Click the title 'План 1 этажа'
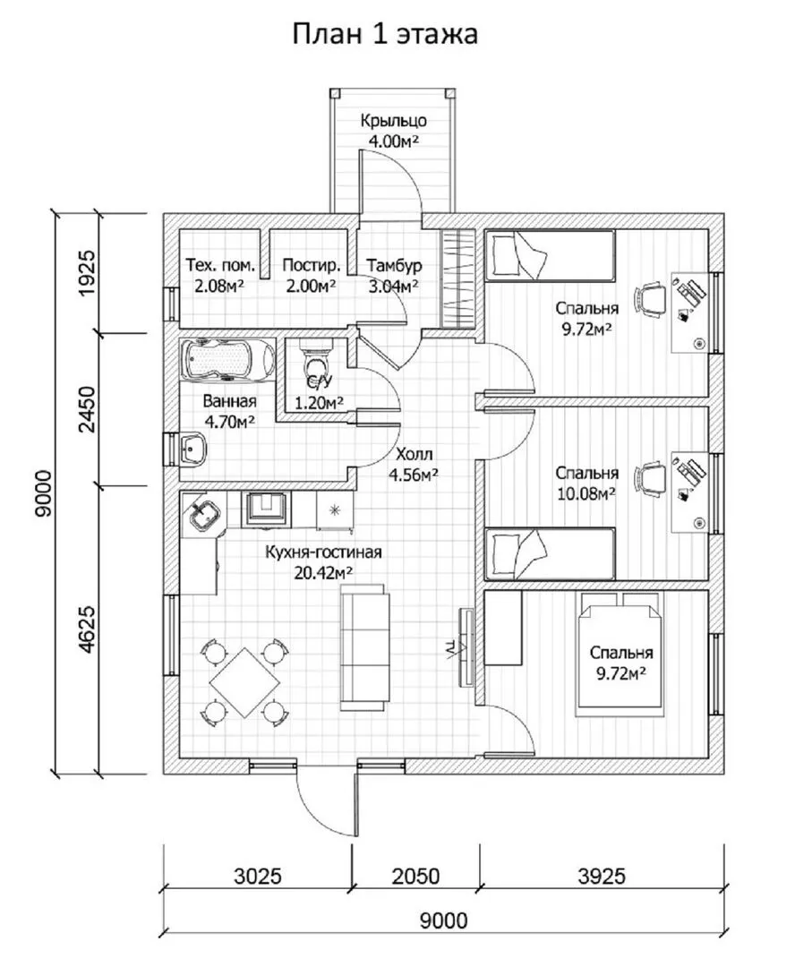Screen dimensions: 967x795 pyautogui.click(x=385, y=34)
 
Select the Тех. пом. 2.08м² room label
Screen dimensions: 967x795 pyautogui.click(x=220, y=275)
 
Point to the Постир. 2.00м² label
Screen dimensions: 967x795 pyautogui.click(x=311, y=275)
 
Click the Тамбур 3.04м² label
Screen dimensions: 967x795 pyautogui.click(x=394, y=275)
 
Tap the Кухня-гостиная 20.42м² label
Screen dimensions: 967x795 pyautogui.click(x=323, y=561)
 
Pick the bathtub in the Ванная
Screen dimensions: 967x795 pyautogui.click(x=227, y=360)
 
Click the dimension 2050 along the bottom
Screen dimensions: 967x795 pyautogui.click(x=413, y=875)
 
